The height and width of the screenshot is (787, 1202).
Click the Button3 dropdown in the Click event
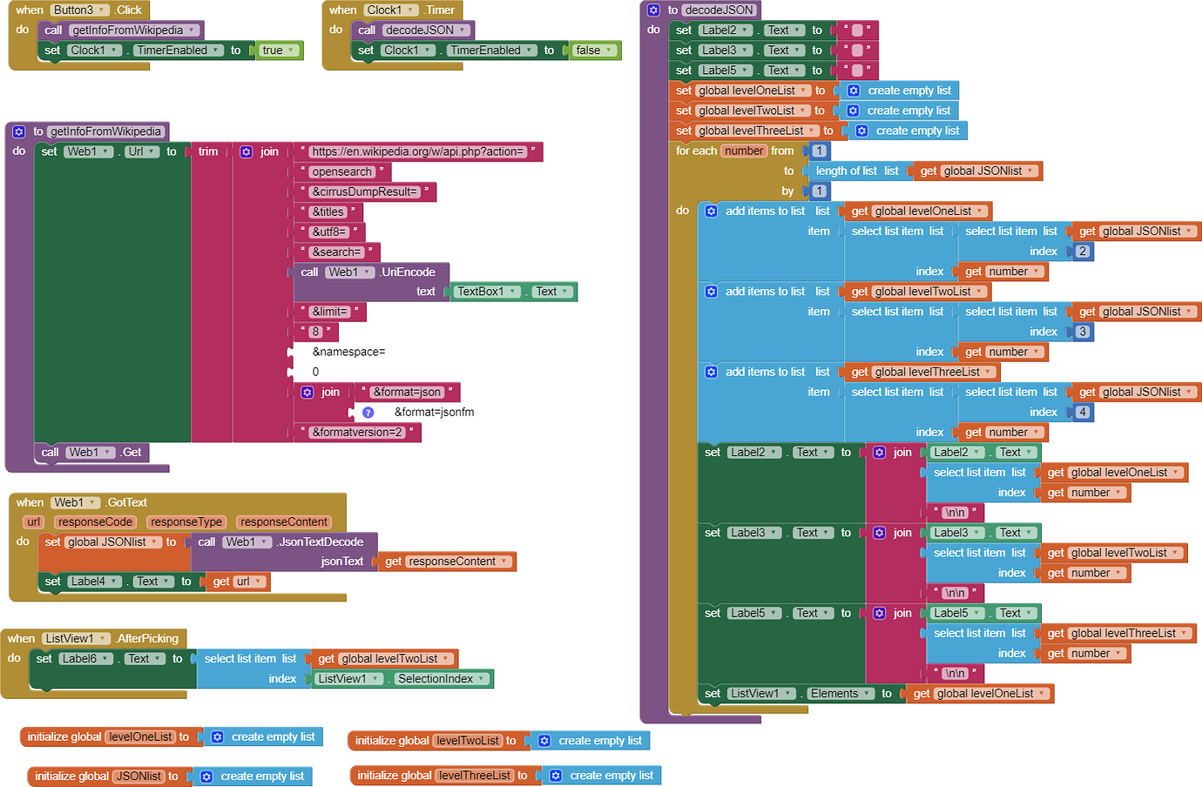tap(78, 10)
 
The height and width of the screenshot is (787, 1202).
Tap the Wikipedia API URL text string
tap(418, 151)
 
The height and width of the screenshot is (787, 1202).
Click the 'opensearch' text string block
tap(341, 172)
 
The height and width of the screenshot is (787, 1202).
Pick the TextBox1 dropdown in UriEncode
tap(487, 292)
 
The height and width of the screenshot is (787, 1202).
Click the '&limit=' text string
tap(330, 312)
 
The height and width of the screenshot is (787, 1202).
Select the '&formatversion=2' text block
tap(357, 433)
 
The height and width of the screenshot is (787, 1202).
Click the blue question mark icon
tap(368, 413)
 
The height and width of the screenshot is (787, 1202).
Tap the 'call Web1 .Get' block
tap(91, 453)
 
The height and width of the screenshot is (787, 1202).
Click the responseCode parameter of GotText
tap(95, 522)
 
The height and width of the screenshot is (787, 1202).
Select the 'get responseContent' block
tap(446, 562)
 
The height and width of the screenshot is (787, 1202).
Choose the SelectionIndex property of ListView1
tap(441, 679)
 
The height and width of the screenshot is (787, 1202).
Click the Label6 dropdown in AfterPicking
tap(84, 659)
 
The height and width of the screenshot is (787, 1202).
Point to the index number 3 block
tap(1083, 332)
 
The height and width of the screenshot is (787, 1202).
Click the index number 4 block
tap(1083, 413)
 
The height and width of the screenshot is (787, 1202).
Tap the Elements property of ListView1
tap(840, 694)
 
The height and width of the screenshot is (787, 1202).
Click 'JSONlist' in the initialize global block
tap(139, 777)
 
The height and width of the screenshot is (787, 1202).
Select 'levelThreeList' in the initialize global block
tap(475, 776)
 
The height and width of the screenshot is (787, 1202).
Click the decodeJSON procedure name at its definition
tap(719, 10)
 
